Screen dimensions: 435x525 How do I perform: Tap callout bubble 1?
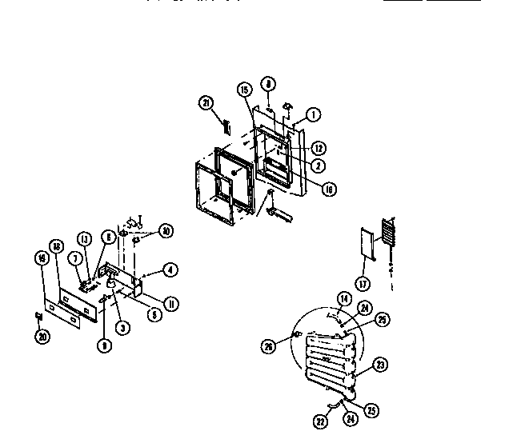click(x=313, y=115)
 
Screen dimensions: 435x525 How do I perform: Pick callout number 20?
click(x=41, y=337)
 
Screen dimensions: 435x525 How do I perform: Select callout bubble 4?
click(x=169, y=270)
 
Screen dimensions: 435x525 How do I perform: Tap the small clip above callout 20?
click(x=38, y=313)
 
